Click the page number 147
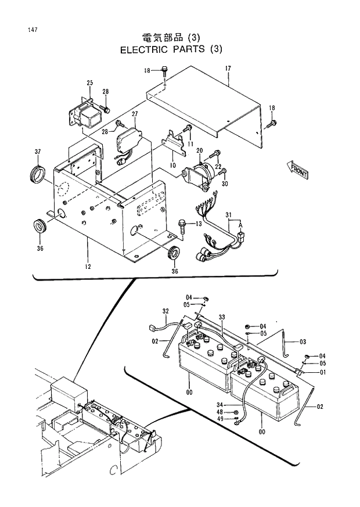pos(31,29)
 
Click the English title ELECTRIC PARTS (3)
pos(171,49)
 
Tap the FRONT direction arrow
pos(297,171)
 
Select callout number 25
pos(90,83)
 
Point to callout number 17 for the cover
pos(228,69)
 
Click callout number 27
pos(134,114)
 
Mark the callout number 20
pos(199,150)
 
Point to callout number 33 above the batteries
pos(221,317)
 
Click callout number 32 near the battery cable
pos(165,311)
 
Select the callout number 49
pos(221,419)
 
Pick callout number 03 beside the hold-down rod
pos(303,341)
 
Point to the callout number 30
pos(225,184)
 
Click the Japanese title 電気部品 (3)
pos(171,38)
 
